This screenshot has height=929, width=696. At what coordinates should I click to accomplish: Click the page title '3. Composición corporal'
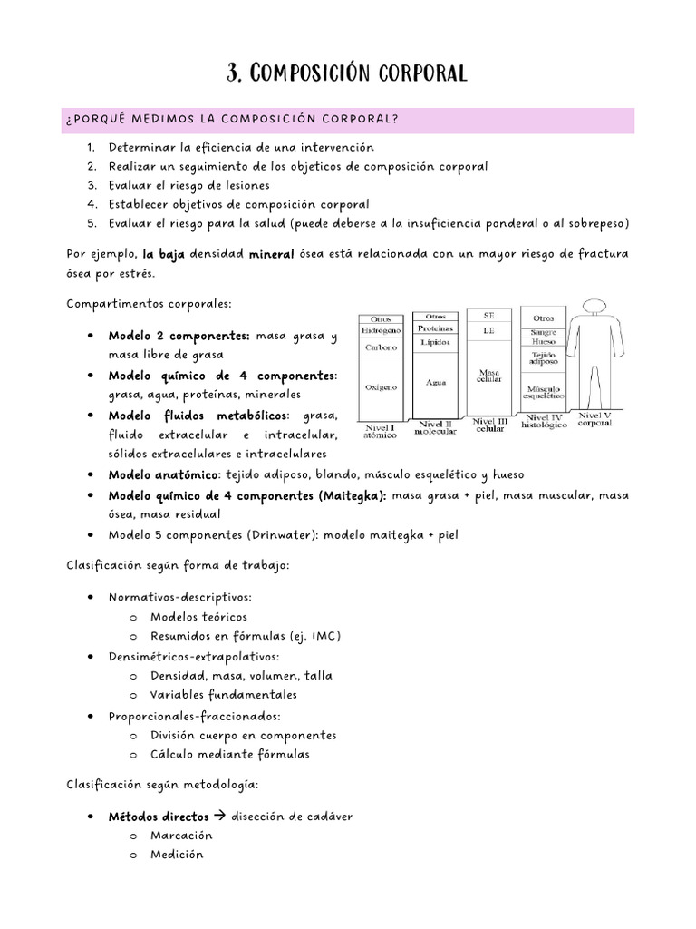tap(348, 73)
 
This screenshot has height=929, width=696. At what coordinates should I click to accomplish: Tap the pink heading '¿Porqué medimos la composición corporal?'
tap(233, 121)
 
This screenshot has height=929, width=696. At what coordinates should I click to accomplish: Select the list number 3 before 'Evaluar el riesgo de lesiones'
tap(92, 185)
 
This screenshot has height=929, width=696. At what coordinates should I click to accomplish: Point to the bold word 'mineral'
tap(271, 255)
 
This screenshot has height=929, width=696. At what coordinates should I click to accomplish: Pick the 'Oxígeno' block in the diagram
tap(381, 386)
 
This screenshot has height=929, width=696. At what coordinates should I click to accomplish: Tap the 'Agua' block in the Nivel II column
tap(436, 383)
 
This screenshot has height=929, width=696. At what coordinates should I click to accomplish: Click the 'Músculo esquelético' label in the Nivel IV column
tap(544, 393)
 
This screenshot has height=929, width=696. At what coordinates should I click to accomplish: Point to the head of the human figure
tap(595, 309)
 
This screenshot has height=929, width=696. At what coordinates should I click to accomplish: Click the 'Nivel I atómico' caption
tap(380, 430)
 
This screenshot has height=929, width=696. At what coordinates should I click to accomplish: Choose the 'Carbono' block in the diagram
tap(381, 347)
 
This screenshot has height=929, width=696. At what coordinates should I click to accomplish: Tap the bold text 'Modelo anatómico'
tap(161, 474)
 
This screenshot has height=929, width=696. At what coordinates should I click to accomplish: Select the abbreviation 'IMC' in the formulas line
tap(324, 635)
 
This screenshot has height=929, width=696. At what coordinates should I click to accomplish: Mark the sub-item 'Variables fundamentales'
tap(224, 695)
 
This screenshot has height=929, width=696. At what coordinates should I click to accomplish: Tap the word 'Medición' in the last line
tap(177, 855)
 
